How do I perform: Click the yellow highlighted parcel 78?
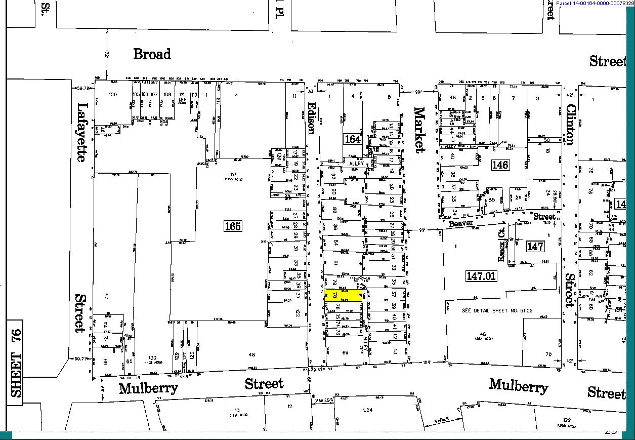(x=343, y=296)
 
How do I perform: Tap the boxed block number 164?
(x=353, y=138)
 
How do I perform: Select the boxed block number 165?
(x=233, y=226)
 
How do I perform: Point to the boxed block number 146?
(x=500, y=165)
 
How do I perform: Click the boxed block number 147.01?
(x=481, y=276)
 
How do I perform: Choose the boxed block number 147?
(x=535, y=247)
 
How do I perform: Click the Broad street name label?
(x=152, y=54)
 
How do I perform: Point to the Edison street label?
(x=311, y=116)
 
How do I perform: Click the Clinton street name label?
(x=570, y=125)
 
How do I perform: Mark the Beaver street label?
(x=461, y=223)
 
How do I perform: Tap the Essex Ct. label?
(x=502, y=249)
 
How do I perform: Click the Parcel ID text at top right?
(x=595, y=4)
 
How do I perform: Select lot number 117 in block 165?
(x=219, y=175)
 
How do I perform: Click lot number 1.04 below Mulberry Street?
(x=367, y=410)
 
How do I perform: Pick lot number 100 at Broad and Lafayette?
(x=113, y=95)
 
